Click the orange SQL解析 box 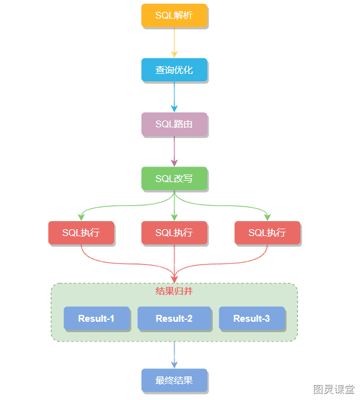coord(174,16)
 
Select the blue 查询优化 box coord(174,70)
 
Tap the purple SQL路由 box coord(174,124)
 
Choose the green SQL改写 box coord(174,178)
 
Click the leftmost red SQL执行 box coord(81,233)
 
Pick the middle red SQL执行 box coord(174,233)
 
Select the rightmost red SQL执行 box coord(268,233)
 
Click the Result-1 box coord(97,319)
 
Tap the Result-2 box coord(174,319)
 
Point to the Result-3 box coord(252,319)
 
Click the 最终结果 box coord(174,380)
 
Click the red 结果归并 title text coord(174,291)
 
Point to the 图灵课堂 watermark coord(334,389)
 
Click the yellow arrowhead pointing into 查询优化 coord(174,55)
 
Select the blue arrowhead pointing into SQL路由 coord(174,109)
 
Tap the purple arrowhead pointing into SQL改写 coord(174,163)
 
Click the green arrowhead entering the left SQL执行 coord(81,217)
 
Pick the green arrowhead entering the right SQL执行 coord(268,217)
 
